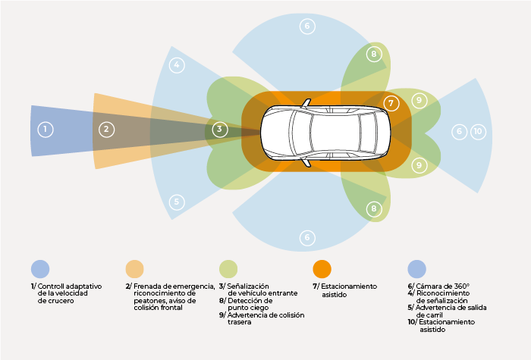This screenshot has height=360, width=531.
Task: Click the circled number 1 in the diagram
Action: (46, 130)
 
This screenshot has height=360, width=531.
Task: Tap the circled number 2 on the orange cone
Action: (106, 130)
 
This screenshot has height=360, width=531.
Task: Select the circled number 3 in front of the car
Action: (219, 130)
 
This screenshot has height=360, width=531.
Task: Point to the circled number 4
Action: (177, 65)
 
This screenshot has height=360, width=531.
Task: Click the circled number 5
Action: (177, 202)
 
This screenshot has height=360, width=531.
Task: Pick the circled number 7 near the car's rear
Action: (391, 102)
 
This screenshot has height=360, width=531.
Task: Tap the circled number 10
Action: (477, 131)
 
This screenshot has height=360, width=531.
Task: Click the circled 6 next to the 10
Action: (459, 131)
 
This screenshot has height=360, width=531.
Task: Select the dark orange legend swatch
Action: (322, 269)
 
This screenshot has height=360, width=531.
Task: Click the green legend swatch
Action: (228, 269)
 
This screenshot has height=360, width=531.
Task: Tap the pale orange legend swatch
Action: (134, 269)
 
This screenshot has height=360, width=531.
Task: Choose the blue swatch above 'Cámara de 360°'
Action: (416, 269)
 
